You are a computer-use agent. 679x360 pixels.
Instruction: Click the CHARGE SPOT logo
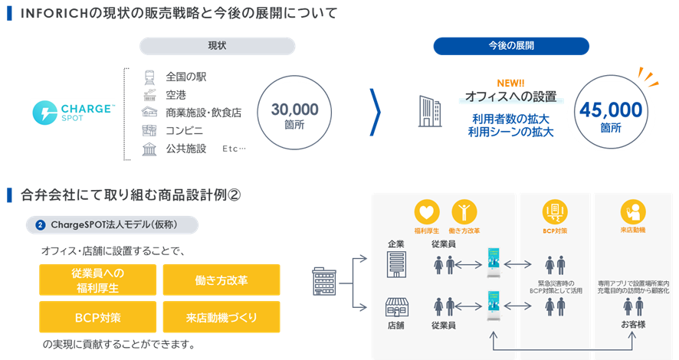pyautogui.click(x=72, y=113)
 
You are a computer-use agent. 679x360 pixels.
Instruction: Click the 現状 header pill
pyautogui.click(x=217, y=46)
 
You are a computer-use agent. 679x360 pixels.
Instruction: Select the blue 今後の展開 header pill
pyautogui.click(x=511, y=46)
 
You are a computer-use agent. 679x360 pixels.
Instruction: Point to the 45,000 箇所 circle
pyautogui.click(x=610, y=113)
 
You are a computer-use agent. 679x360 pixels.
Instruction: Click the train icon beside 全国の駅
pyautogui.click(x=149, y=77)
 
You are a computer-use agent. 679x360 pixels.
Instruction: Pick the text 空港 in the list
pyautogui.click(x=176, y=94)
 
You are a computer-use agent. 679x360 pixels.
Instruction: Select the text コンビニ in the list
pyautogui.click(x=184, y=130)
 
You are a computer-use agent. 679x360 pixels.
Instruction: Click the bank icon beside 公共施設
pyautogui.click(x=149, y=149)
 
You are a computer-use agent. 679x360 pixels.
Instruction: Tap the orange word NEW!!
pyautogui.click(x=510, y=83)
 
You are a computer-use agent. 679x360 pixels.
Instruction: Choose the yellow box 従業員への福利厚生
pyautogui.click(x=97, y=280)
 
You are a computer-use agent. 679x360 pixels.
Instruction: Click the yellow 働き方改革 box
pyautogui.click(x=221, y=280)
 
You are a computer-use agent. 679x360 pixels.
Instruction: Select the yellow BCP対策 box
pyautogui.click(x=97, y=317)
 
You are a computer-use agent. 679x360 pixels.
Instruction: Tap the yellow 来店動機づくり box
pyautogui.click(x=221, y=317)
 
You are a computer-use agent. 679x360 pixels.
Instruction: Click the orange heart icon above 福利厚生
pyautogui.click(x=426, y=211)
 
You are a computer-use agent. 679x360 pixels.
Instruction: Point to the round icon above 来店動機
pyautogui.click(x=633, y=211)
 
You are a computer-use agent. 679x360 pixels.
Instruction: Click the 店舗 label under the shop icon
pyautogui.click(x=395, y=325)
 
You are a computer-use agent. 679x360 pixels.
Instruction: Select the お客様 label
pyautogui.click(x=633, y=325)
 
